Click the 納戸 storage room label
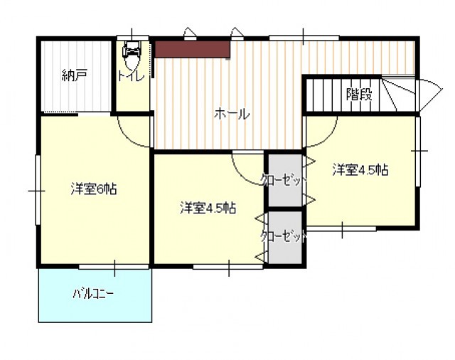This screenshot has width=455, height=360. click(x=75, y=75)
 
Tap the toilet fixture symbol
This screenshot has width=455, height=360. click(x=132, y=55)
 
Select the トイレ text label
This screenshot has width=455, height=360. click(x=131, y=77)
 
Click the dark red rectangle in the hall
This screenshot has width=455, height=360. click(x=193, y=49)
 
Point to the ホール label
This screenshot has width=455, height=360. click(x=232, y=114)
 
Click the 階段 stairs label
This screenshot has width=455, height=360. click(x=359, y=94)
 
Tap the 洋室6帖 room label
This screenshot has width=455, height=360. click(x=94, y=189)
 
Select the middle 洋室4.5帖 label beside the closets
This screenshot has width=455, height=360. click(x=208, y=208)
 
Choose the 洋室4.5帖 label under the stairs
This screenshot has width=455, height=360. click(x=360, y=170)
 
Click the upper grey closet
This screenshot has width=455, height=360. click(x=285, y=180)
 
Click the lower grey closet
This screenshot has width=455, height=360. click(x=285, y=237)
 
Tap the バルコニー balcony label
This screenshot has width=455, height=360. click(x=93, y=295)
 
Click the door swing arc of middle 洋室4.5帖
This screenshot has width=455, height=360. click(x=242, y=176)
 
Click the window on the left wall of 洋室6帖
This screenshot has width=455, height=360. click(x=38, y=191)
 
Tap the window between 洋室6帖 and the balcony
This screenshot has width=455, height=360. click(x=114, y=267)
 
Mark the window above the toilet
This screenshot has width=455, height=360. click(x=133, y=38)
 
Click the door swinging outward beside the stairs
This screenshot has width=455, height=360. click(x=429, y=95)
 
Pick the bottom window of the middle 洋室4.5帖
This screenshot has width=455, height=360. click(x=228, y=267)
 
